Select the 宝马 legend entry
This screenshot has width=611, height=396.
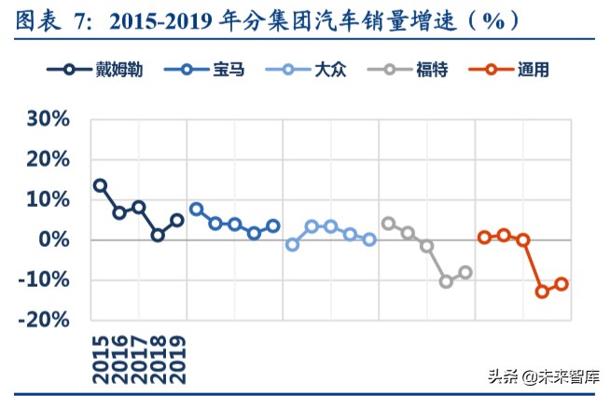point(203,70)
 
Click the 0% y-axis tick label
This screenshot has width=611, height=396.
point(54,239)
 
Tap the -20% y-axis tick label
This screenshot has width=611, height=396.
point(45,320)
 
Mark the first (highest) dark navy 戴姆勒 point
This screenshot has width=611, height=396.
point(100,185)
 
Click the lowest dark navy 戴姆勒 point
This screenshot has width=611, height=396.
point(158,235)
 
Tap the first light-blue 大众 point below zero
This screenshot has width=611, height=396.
point(292,244)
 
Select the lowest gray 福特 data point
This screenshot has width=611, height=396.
point(446,280)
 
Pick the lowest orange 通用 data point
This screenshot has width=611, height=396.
point(542,292)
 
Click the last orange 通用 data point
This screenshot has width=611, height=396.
point(562,283)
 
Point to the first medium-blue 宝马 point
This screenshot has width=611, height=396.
point(196,209)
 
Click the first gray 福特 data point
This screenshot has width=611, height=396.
point(388,223)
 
